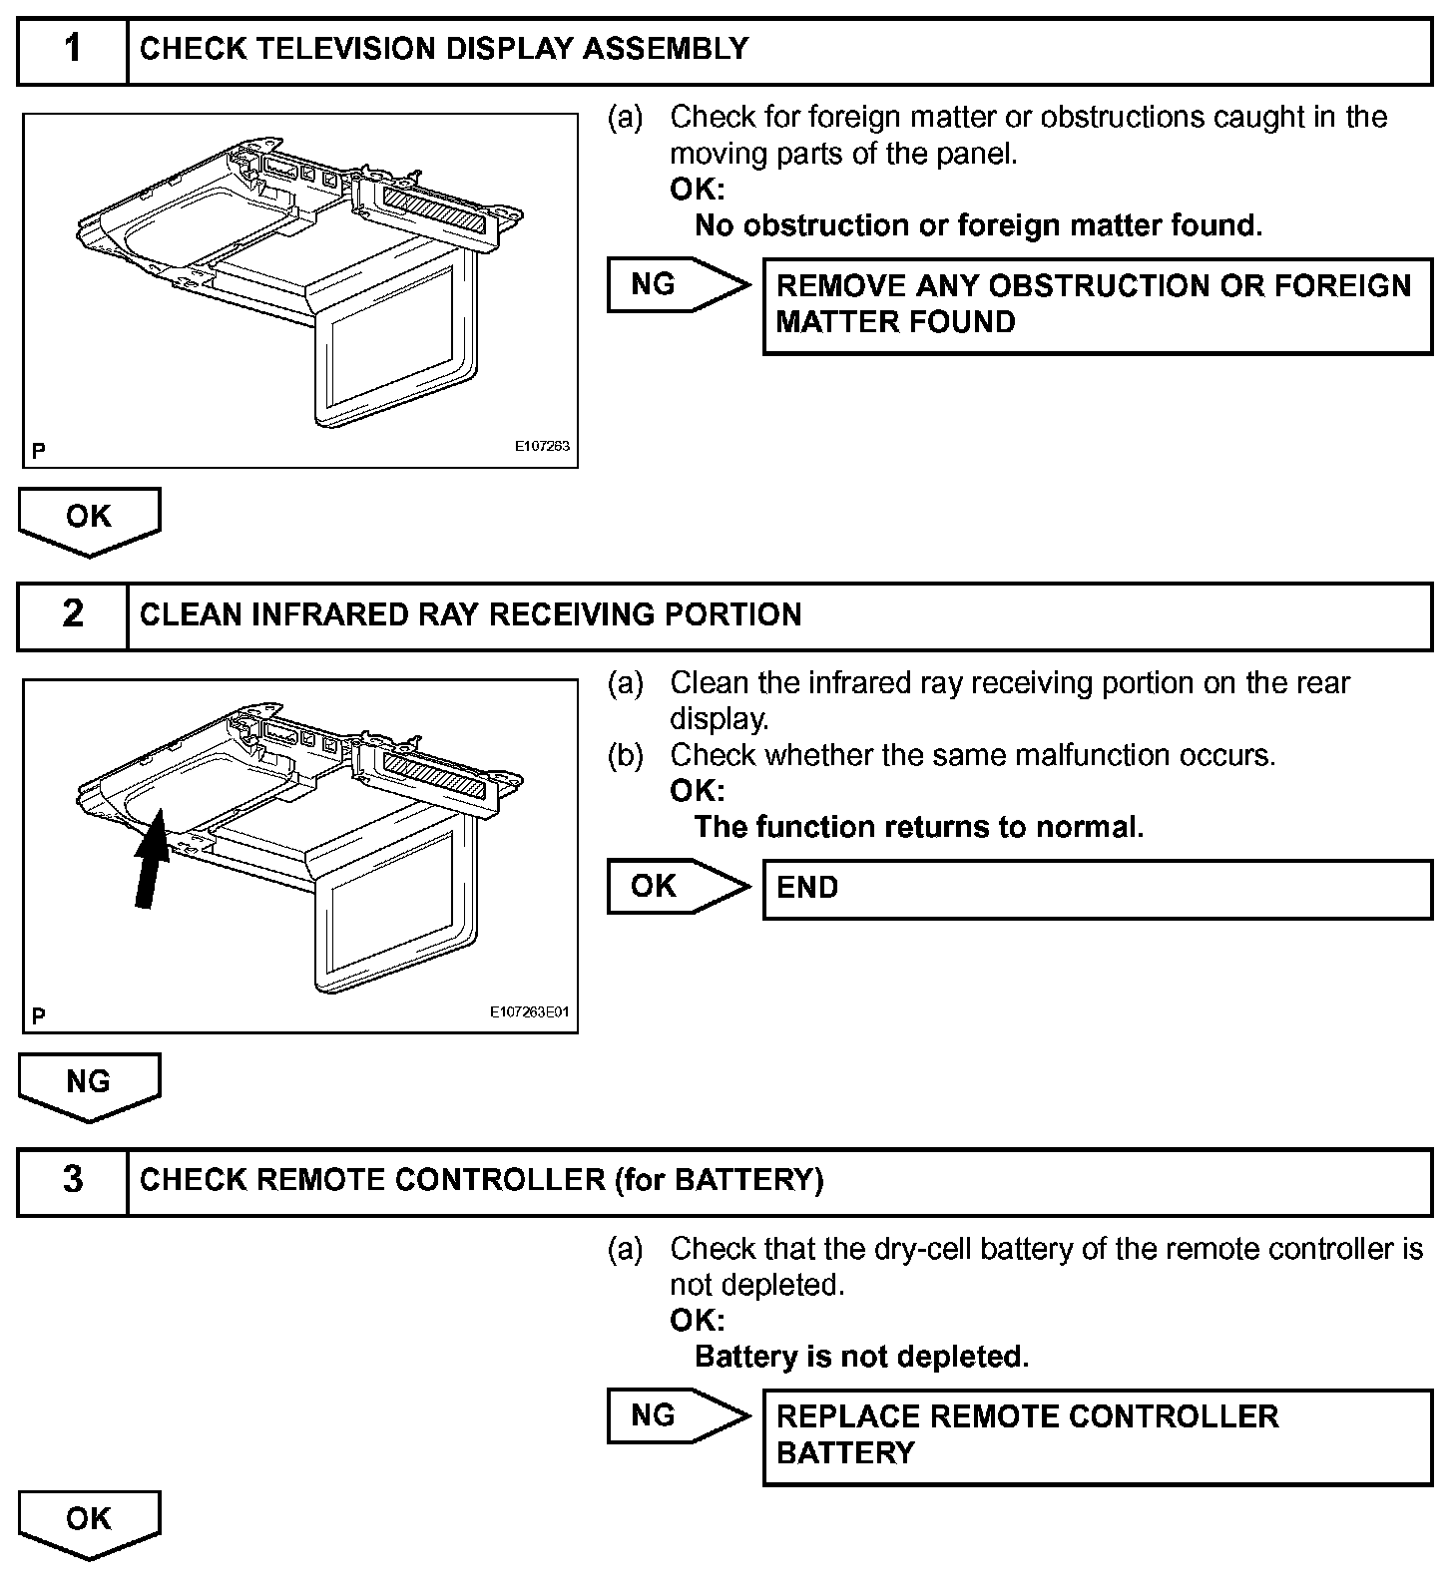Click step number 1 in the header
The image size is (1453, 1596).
pos(73,49)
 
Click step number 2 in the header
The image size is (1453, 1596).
pos(73,614)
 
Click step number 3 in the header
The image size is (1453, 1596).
pos(73,1180)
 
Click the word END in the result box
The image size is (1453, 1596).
pos(807,888)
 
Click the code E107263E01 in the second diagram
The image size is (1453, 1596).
pos(529,1011)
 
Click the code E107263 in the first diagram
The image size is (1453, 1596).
pos(542,446)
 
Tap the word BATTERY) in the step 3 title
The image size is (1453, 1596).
pos(749,1180)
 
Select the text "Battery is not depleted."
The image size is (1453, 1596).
pos(860,1357)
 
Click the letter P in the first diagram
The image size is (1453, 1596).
pos(39,451)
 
